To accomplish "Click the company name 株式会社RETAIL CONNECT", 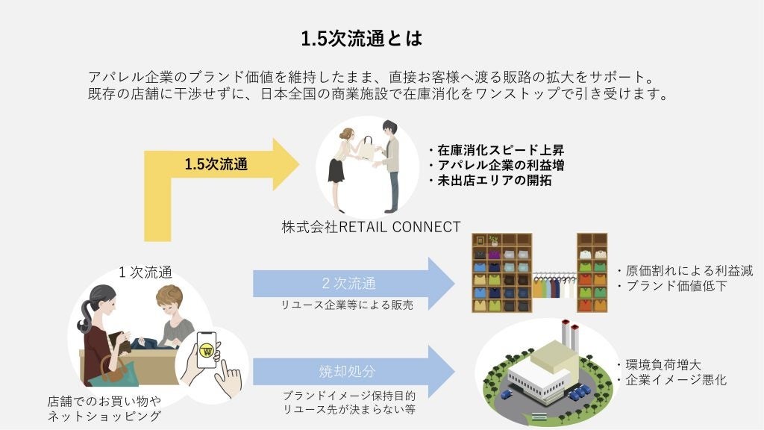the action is pos(371,227).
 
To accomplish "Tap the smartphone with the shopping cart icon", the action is pos(207,351).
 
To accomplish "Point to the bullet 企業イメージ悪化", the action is pos(671,380).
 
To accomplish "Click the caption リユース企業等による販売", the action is pos(346,305).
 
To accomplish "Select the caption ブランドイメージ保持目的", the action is pos(348,395).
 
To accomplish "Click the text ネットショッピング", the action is pos(104,417).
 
